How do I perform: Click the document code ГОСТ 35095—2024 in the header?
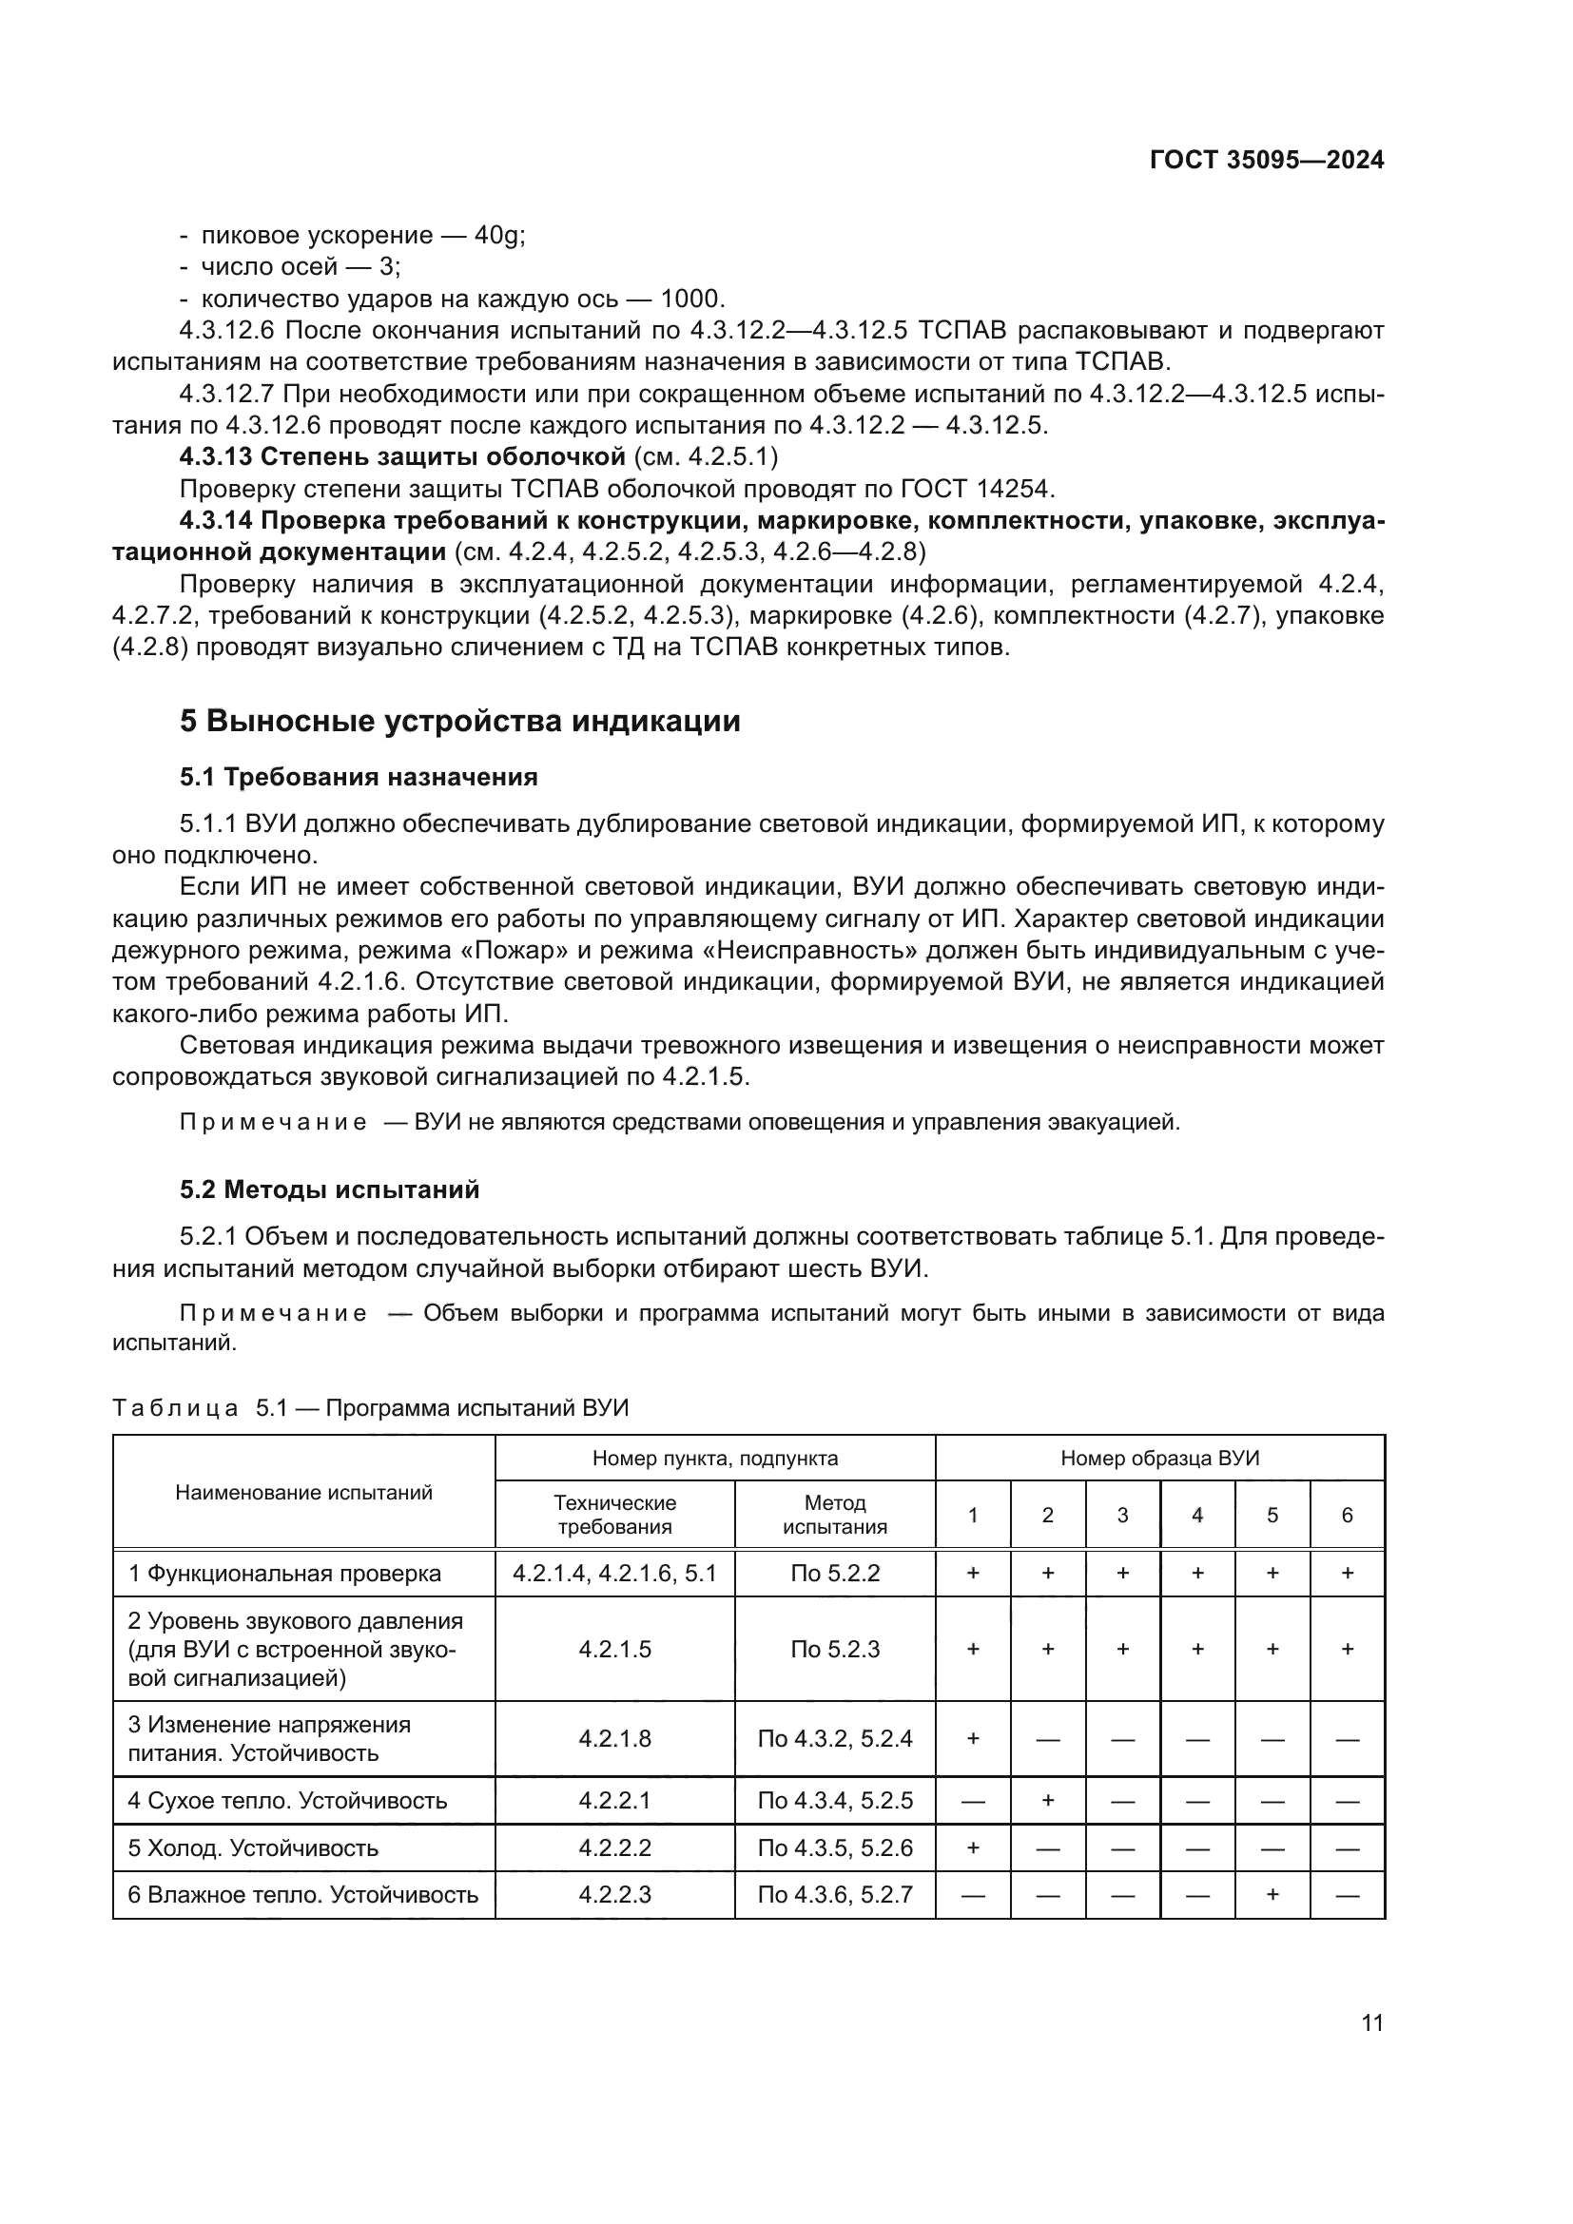(1266, 160)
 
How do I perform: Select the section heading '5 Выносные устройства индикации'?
(460, 722)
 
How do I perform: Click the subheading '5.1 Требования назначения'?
(359, 777)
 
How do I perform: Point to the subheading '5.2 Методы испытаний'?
(329, 1189)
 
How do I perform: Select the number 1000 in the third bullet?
(690, 299)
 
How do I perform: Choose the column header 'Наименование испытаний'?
(303, 1493)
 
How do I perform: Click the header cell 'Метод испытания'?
(834, 1515)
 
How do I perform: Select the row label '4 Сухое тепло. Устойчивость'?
(287, 1802)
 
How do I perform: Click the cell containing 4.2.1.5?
(615, 1650)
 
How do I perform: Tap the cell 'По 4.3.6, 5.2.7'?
(834, 1895)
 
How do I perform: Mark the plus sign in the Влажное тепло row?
(1272, 1895)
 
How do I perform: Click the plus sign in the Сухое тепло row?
(1047, 1802)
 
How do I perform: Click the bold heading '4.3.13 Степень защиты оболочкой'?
(403, 456)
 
